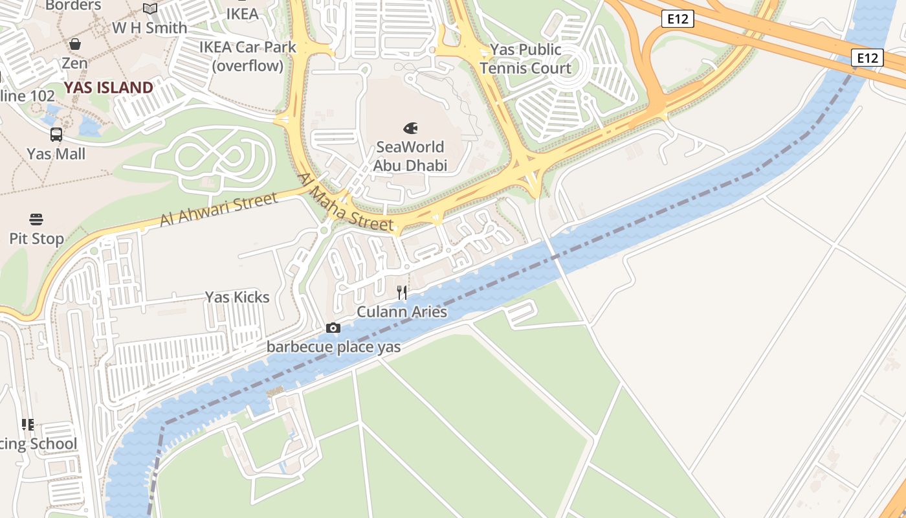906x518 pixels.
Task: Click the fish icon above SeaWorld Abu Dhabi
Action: point(410,128)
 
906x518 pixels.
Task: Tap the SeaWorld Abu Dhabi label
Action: point(410,156)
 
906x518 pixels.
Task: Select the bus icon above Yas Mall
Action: point(56,135)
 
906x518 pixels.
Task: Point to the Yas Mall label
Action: point(56,154)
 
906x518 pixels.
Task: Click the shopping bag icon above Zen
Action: point(75,44)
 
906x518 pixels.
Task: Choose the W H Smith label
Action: point(149,28)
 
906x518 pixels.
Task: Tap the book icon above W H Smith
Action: point(150,9)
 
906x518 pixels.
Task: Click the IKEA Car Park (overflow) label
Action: point(248,56)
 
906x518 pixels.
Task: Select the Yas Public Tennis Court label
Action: point(525,59)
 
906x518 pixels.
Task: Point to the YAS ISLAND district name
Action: point(109,87)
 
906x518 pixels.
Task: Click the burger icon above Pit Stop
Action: point(36,220)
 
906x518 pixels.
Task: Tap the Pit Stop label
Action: point(36,239)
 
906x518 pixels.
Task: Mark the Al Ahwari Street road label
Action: point(219,209)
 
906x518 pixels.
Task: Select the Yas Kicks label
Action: point(237,297)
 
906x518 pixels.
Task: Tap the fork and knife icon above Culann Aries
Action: point(402,293)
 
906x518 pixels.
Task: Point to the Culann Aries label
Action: point(402,312)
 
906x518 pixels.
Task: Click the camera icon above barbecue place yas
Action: point(333,328)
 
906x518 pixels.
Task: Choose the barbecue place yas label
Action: point(333,347)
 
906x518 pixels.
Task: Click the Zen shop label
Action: point(74,63)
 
